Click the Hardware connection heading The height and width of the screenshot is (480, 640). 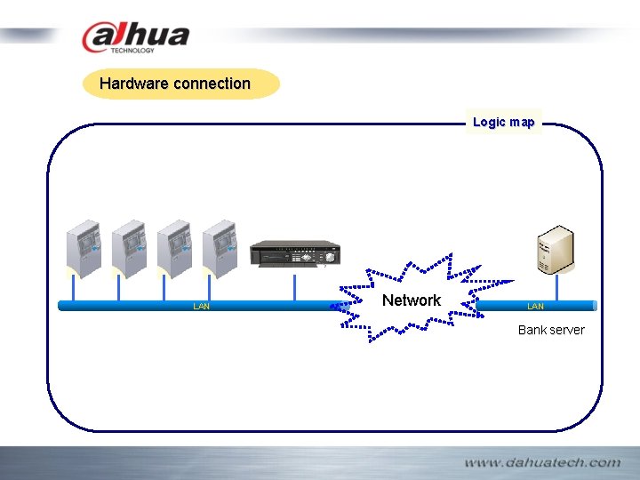click(x=175, y=84)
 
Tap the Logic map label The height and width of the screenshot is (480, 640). click(x=503, y=122)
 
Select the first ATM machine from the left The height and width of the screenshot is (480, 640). click(x=85, y=246)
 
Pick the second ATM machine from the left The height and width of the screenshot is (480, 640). click(x=130, y=246)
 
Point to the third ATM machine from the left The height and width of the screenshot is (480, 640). click(x=174, y=246)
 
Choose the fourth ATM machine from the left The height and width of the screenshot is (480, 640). click(x=220, y=246)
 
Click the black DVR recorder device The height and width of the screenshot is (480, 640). click(x=295, y=253)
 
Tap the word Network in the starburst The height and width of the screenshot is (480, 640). click(x=411, y=300)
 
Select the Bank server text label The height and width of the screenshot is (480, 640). click(x=551, y=330)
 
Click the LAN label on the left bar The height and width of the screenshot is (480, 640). click(x=202, y=307)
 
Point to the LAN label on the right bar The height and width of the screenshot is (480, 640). click(x=535, y=307)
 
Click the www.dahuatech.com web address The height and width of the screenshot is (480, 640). click(x=541, y=462)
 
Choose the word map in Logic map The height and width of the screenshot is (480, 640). click(x=522, y=122)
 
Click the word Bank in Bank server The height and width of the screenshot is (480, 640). click(x=532, y=330)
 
